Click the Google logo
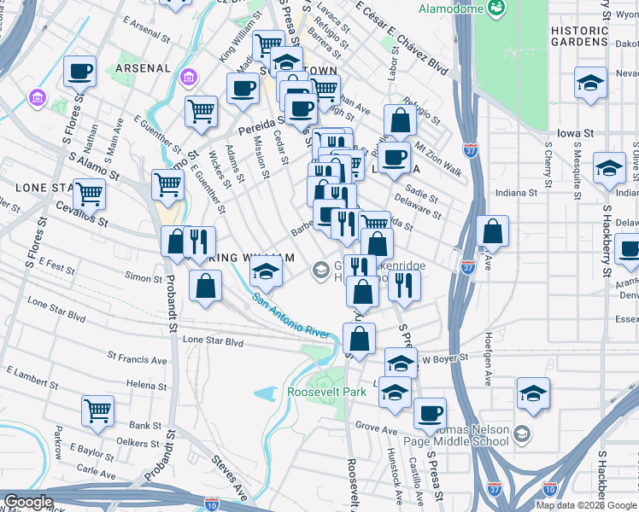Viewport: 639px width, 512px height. click(28, 502)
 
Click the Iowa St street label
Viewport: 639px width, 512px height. click(575, 134)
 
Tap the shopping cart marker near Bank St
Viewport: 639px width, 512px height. click(97, 410)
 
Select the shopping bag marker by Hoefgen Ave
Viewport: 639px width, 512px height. click(493, 231)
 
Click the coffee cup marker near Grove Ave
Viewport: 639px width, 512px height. click(430, 414)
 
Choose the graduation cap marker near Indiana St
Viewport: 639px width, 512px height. click(609, 168)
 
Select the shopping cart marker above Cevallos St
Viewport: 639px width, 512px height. click(89, 194)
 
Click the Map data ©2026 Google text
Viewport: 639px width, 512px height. click(586, 505)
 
